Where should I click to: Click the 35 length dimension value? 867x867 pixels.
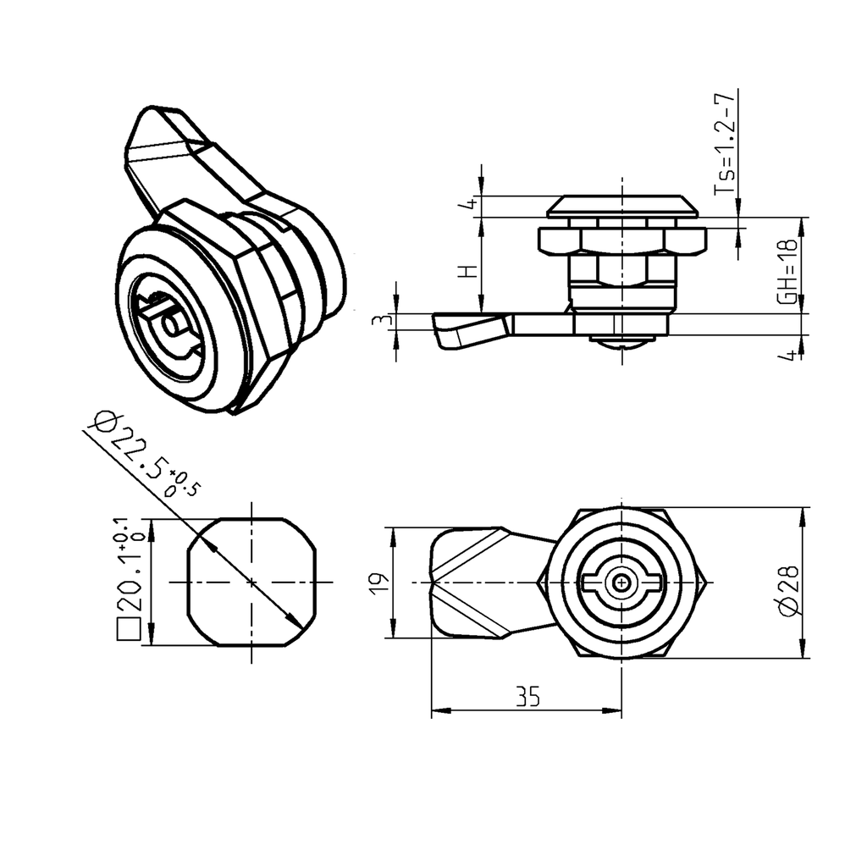point(527,696)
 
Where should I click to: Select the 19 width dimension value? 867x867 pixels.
point(378,582)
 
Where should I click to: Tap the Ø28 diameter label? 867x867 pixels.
point(787,591)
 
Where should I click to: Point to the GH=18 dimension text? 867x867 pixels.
point(787,270)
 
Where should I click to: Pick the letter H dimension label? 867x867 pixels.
point(467,272)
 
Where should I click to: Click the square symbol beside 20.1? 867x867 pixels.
point(129,630)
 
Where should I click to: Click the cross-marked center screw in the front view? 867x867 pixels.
point(623,583)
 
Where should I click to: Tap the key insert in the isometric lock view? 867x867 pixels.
point(169,322)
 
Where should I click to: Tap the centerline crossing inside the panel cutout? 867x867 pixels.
point(251,583)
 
